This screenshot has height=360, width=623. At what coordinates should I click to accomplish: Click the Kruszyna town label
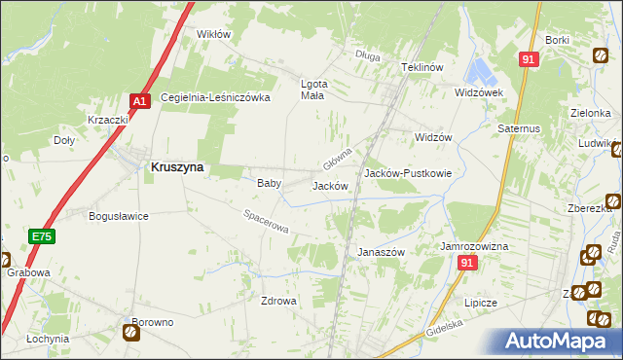(x=177, y=167)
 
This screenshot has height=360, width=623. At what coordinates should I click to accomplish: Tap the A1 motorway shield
(x=139, y=100)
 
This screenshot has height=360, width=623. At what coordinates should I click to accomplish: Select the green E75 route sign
(x=40, y=236)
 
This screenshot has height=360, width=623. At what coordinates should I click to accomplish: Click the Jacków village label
(x=330, y=186)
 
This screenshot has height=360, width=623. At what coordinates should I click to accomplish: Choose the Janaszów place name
(x=381, y=251)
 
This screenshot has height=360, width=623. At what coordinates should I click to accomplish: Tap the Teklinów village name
(x=422, y=67)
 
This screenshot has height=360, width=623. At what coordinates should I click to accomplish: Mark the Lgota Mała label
(x=312, y=90)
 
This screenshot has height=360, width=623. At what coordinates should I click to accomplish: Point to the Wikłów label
(x=213, y=34)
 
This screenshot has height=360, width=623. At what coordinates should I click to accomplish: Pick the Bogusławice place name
(x=118, y=216)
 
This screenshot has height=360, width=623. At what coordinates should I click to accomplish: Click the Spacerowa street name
(x=266, y=223)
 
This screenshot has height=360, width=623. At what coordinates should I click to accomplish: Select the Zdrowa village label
(x=277, y=301)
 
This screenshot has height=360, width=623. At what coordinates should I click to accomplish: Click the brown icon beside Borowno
(x=130, y=334)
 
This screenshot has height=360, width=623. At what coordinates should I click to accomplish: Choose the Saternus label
(x=521, y=127)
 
